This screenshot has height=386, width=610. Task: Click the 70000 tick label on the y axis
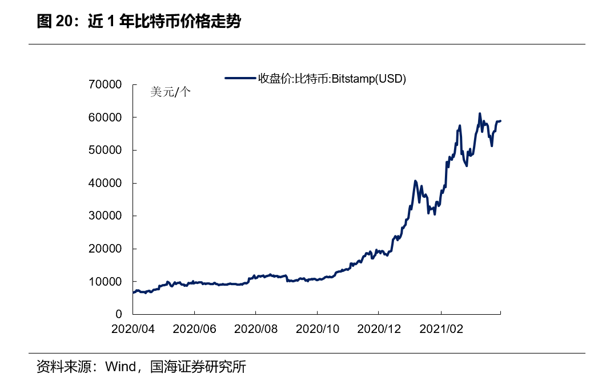tap(106, 85)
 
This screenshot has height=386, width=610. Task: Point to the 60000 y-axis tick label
tap(106, 117)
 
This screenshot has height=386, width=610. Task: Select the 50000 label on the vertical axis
tap(106, 151)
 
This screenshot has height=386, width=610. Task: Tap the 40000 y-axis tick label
tap(106, 184)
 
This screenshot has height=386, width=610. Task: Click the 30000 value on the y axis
tap(106, 216)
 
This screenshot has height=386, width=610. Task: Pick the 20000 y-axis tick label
tap(106, 249)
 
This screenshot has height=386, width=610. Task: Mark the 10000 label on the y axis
tap(106, 282)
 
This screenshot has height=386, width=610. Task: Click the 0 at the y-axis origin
tap(119, 315)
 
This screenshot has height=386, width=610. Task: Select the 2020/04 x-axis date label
tap(133, 329)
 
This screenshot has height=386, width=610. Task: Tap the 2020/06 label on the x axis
tap(194, 329)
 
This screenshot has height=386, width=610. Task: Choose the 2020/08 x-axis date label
tap(256, 329)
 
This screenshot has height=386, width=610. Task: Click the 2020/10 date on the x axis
tap(318, 329)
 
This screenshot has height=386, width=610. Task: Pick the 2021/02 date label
tap(440, 329)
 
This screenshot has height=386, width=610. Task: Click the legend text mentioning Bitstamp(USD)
tap(332, 79)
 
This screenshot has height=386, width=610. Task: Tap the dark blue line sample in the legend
tap(240, 79)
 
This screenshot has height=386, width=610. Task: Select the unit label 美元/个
tap(170, 92)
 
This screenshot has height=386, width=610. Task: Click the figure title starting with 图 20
tap(139, 22)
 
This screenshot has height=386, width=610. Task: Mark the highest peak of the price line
tap(480, 113)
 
